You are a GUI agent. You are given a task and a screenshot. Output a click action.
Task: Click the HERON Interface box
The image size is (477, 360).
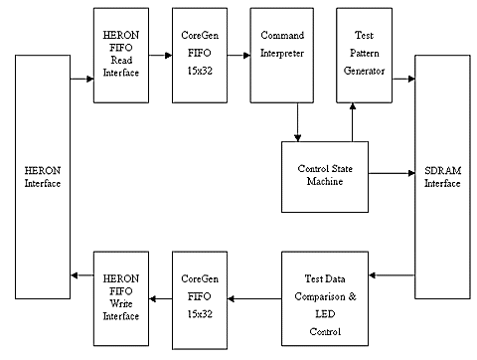(43, 176)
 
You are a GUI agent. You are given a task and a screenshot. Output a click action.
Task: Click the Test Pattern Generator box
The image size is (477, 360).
(362, 54)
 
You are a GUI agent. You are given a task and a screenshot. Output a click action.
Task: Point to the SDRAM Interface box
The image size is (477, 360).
(441, 176)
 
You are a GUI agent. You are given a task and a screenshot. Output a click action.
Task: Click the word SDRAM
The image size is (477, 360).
(441, 169)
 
